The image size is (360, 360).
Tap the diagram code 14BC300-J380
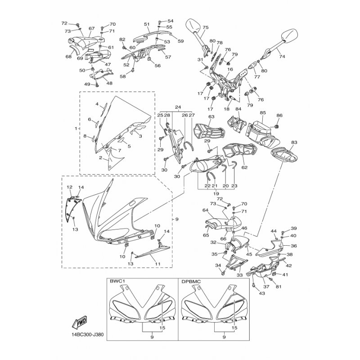[87, 334]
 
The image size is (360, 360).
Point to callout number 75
[206, 27]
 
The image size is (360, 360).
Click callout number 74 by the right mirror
[282, 56]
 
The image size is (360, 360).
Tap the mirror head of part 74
[289, 35]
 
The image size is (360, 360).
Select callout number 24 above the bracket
[178, 107]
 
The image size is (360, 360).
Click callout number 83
[294, 142]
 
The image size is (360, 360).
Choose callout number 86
[279, 116]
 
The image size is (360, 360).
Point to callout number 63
[211, 117]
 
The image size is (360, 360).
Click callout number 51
[147, 24]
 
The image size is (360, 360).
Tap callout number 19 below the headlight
[216, 193]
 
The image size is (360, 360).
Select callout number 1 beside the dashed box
[76, 128]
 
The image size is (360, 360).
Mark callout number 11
[157, 264]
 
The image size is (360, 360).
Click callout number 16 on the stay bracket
[230, 69]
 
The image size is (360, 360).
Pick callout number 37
[266, 287]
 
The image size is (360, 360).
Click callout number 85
[263, 113]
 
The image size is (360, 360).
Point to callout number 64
[205, 210]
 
